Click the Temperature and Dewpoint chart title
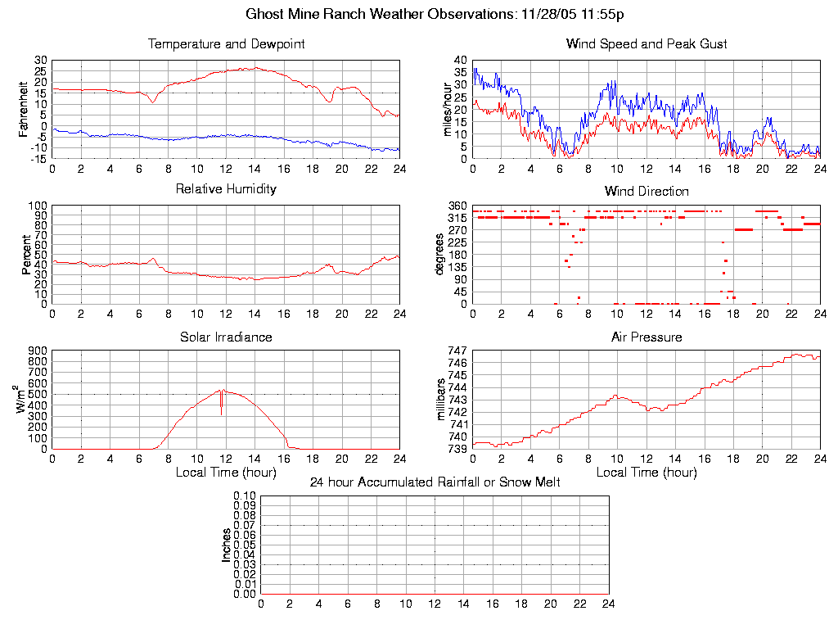(226, 44)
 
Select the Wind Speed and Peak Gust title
(647, 44)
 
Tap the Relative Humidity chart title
(226, 189)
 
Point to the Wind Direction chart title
(647, 192)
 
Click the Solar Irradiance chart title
(226, 337)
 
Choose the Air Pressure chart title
(647, 337)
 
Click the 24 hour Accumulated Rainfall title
(435, 482)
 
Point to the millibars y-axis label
(441, 400)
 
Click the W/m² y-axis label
(23, 398)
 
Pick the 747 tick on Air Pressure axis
(458, 351)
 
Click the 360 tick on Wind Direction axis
(458, 206)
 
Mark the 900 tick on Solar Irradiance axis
(38, 351)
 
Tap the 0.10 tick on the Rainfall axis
(245, 496)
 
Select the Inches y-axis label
(226, 545)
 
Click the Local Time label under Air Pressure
(647, 473)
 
